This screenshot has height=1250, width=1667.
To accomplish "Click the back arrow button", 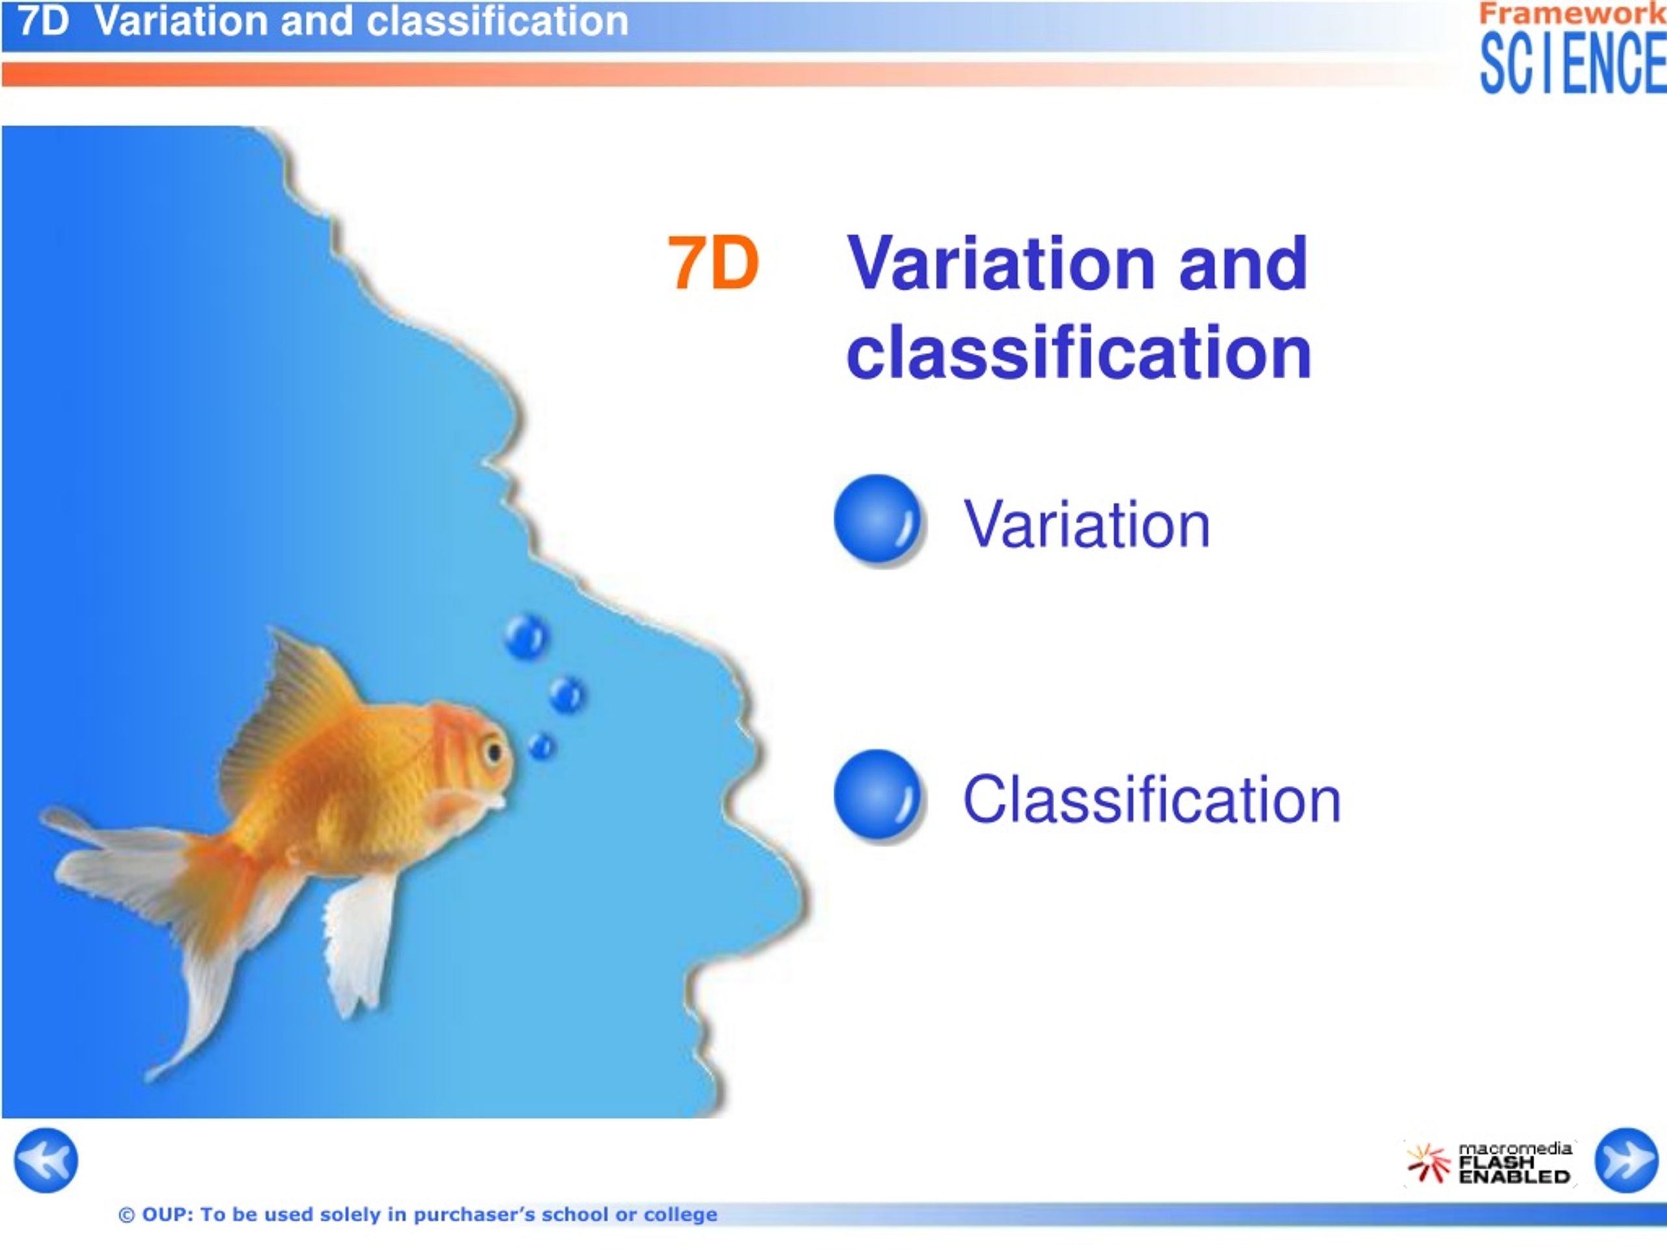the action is coord(46,1160).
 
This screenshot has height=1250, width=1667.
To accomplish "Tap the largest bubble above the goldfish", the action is coord(526,636).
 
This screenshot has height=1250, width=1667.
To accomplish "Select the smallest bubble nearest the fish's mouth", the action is coord(542,746).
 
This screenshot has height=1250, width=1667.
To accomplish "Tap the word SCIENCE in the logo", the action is coord(1573,63).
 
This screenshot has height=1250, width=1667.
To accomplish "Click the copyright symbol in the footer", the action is coord(126,1215).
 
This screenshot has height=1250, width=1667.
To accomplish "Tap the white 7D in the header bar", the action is coord(43,20).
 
